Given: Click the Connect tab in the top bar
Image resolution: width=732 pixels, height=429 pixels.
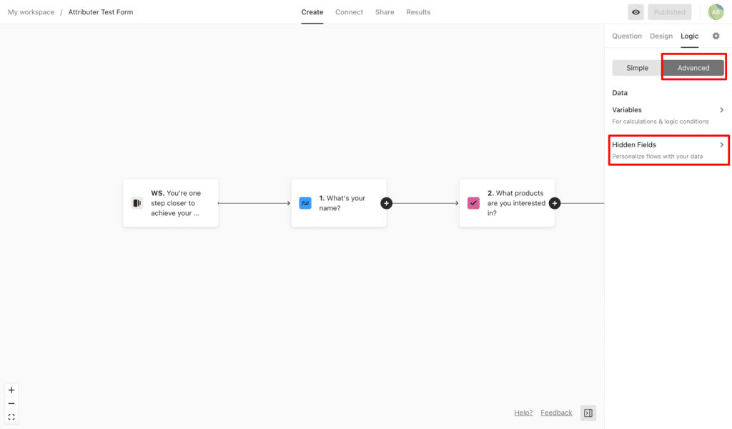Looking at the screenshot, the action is [x=349, y=12].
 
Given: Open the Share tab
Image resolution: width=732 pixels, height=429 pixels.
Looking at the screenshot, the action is [x=385, y=12].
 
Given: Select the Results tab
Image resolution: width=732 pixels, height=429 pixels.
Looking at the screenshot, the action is [x=418, y=12].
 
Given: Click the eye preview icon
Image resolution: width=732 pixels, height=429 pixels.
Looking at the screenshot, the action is [x=635, y=12].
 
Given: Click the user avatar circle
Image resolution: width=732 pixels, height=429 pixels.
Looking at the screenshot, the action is [x=716, y=12].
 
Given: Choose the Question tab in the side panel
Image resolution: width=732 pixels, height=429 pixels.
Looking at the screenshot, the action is [x=627, y=36].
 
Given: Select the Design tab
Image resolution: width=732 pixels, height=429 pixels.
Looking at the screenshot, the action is [x=661, y=36].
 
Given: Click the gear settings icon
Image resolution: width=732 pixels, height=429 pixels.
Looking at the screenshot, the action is [x=716, y=36].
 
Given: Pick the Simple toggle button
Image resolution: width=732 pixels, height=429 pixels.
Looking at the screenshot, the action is [x=637, y=68].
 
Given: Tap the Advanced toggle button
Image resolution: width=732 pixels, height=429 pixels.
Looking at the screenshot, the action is [x=693, y=68].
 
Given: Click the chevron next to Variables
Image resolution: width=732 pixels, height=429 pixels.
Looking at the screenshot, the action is [x=722, y=109].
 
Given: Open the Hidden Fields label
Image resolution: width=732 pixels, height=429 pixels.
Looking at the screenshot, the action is [x=634, y=144].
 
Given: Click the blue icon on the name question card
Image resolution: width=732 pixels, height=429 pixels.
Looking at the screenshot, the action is [x=305, y=203].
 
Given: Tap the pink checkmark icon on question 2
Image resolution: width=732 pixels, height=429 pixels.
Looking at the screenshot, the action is [x=473, y=203].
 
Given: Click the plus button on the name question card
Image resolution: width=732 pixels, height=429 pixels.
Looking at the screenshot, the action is [x=386, y=203].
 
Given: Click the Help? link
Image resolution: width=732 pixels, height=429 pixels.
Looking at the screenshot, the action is [x=523, y=413].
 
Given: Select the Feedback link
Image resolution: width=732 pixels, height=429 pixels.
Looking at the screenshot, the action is [x=556, y=413].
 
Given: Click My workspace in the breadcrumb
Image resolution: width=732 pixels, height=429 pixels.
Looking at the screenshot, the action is [x=31, y=12].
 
